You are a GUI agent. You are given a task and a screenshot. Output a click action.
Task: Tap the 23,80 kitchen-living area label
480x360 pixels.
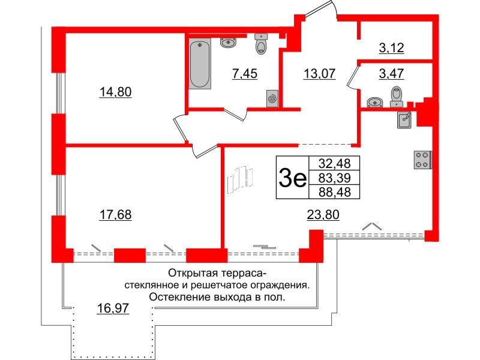click(x=323, y=215)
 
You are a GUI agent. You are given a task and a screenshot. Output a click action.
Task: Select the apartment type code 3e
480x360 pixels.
click(x=293, y=178)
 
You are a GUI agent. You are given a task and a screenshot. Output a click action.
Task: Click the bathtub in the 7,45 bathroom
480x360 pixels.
click(x=200, y=64)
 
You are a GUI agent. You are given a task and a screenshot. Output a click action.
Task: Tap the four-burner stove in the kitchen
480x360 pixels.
click(x=422, y=159)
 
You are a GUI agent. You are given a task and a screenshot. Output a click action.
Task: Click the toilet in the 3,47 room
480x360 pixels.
click(x=396, y=96)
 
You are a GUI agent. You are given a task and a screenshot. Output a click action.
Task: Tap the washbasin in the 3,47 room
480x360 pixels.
click(x=374, y=102)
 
